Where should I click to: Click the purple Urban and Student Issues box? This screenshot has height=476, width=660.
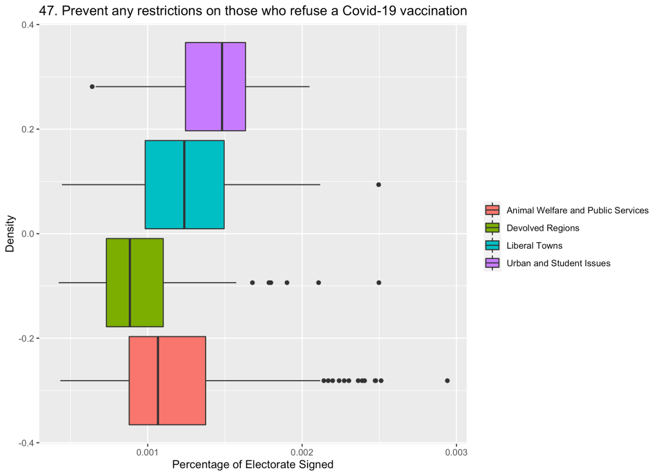pyautogui.click(x=215, y=86)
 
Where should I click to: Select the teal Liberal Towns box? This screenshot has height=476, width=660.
pyautogui.click(x=184, y=184)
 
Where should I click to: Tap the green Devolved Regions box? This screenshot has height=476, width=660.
pyautogui.click(x=135, y=282)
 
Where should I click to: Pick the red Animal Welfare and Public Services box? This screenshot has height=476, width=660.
pyautogui.click(x=167, y=381)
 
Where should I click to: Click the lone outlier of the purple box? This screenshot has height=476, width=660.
pyautogui.click(x=92, y=86)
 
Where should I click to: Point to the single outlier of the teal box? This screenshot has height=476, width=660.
pyautogui.click(x=378, y=184)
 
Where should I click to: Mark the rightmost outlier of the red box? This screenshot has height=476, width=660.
pyautogui.click(x=447, y=381)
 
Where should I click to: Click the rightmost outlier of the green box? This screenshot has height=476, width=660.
pyautogui.click(x=378, y=282)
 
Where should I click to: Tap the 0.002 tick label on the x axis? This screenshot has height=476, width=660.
pyautogui.click(x=302, y=453)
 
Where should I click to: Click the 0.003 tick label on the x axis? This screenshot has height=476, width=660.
pyautogui.click(x=456, y=453)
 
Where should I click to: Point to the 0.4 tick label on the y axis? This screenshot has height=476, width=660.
pyautogui.click(x=29, y=24)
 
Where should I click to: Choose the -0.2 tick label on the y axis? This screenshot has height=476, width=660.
pyautogui.click(x=27, y=338)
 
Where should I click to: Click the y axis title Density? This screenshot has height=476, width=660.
pyautogui.click(x=10, y=234)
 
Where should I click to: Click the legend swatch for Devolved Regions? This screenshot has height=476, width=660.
pyautogui.click(x=492, y=227)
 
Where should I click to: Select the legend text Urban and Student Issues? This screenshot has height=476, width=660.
pyautogui.click(x=558, y=263)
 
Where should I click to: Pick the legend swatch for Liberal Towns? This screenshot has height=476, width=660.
pyautogui.click(x=492, y=245)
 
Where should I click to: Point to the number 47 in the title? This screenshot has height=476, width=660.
pyautogui.click(x=46, y=11)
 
